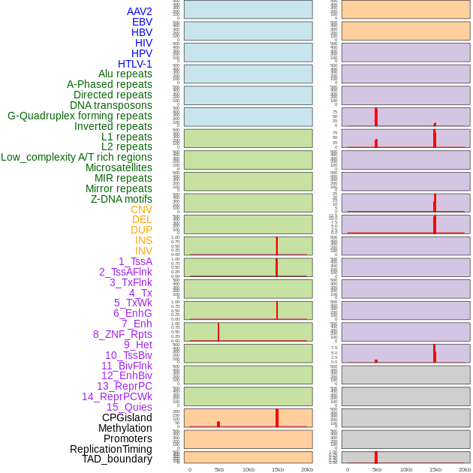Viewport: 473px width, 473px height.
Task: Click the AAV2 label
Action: pos(139,11)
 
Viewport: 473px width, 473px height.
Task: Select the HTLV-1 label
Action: pos(134,64)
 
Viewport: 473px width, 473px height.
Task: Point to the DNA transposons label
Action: pos(111,105)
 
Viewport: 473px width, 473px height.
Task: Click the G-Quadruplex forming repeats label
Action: pos(80,116)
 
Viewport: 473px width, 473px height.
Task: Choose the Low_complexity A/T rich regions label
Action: pos(77,157)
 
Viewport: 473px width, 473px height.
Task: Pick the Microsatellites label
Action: pos(119,167)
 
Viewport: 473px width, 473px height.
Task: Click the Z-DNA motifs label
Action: pos(122,199)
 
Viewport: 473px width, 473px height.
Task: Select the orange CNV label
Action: pos(141,209)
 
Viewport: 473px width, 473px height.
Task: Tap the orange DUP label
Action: pos(141,230)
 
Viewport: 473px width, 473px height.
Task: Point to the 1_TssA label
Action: pos(135,261)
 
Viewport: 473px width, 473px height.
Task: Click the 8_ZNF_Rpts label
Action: pos(122,334)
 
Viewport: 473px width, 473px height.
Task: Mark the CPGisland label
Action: pos(127,417)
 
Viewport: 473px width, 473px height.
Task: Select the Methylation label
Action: pos(125,428)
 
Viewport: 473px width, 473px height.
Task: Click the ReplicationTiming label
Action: pos(111,449)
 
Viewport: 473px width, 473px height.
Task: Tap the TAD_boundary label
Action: pos(117,459)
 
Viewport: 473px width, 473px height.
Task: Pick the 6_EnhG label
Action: pos(133,313)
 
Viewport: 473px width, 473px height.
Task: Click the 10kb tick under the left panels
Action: pos(249,469)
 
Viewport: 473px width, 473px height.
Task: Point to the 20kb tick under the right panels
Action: pos(465,469)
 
